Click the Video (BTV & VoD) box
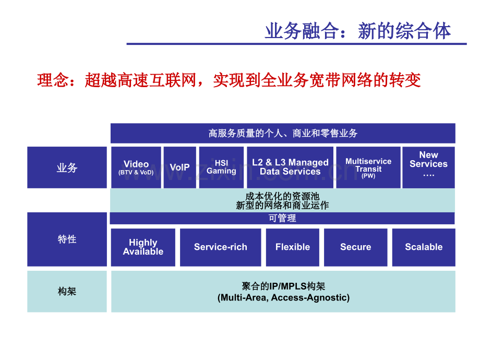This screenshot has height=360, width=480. coord(136,167)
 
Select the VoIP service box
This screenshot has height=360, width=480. coord(179,167)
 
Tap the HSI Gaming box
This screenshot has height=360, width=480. coord(221,167)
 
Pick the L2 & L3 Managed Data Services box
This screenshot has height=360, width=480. coord(290,167)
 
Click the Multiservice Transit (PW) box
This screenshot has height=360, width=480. coord(368,167)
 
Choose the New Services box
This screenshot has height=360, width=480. coord(428,167)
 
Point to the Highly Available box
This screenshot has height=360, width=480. coord(143,247)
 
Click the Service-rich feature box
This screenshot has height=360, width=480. coord(220,247)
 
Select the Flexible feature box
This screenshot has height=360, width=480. coord(292,247)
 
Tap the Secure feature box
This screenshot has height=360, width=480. coord(355,247)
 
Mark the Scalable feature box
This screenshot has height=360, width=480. coord(423,247)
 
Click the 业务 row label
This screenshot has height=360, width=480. coord(67,167)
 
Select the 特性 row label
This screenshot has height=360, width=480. coord(67,239)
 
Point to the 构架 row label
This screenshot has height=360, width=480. coord(67,291)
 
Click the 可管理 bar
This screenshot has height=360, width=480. coord(282,218)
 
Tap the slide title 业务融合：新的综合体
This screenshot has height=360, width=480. coord(358,31)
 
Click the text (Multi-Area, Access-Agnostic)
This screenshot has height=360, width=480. coord(283,298)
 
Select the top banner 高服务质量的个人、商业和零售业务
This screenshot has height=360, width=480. coord(283,134)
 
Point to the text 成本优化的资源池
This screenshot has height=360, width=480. coord(282,196)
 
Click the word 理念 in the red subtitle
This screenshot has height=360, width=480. coord(50,80)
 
